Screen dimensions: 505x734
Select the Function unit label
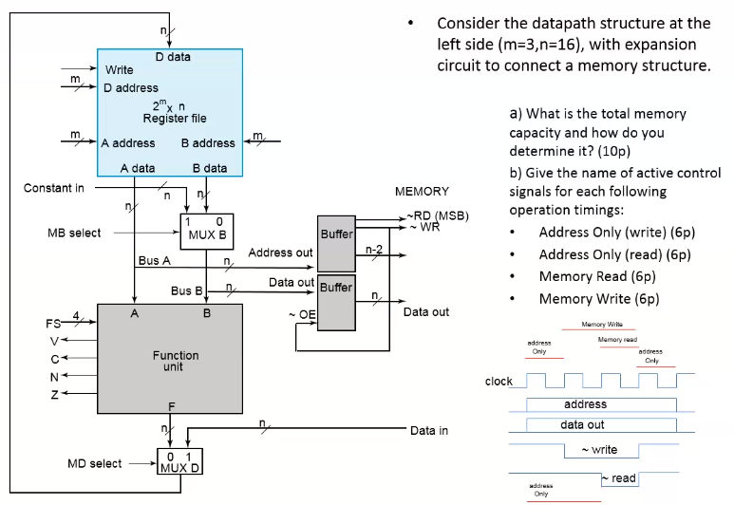pyautogui.click(x=177, y=362)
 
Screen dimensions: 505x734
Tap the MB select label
pyautogui.click(x=74, y=233)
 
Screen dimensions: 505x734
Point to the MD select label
pyautogui.click(x=94, y=464)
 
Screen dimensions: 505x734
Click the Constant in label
pyautogui.click(x=53, y=188)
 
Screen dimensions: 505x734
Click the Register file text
pyautogui.click(x=175, y=119)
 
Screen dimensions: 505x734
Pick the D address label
pyautogui.click(x=131, y=88)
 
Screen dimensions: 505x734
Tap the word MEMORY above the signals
pyautogui.click(x=422, y=192)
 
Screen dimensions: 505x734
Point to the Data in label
pyautogui.click(x=429, y=431)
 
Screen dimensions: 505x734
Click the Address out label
pyautogui.click(x=280, y=253)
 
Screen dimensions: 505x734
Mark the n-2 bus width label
pyautogui.click(x=374, y=249)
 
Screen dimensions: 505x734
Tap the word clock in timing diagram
pyautogui.click(x=499, y=382)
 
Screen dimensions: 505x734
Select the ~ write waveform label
pyautogui.click(x=597, y=449)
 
